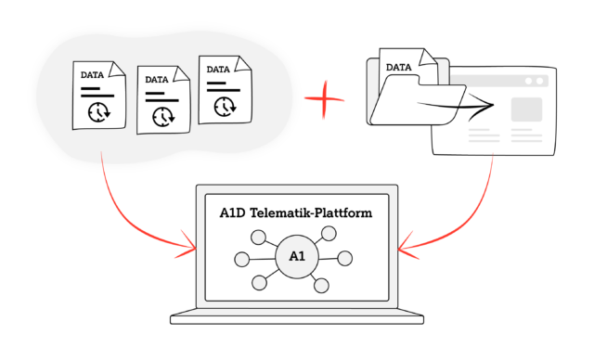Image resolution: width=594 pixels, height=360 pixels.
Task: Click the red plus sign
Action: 324,99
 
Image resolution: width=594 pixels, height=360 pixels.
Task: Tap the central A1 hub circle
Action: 297,257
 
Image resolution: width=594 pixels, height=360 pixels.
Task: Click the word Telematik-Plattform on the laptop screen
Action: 312,212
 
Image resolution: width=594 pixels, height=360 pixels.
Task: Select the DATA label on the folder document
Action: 398,68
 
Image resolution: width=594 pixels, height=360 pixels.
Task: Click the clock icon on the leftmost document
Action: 99,112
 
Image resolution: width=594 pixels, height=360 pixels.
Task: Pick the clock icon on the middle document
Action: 163,117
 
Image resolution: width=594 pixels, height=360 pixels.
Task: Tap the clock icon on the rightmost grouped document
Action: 225,107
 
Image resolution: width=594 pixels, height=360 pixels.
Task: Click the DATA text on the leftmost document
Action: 92,75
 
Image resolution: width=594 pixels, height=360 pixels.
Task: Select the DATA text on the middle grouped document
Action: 157,80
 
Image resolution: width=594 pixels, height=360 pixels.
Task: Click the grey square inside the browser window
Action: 526,109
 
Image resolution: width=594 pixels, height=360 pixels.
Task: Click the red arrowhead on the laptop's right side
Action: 408,246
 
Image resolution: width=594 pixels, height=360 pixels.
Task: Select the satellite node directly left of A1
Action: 242,260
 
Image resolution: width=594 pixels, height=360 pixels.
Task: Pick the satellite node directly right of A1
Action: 344,258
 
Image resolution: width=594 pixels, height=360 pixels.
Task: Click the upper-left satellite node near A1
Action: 258,238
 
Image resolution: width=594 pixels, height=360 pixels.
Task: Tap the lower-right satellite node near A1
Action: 321,286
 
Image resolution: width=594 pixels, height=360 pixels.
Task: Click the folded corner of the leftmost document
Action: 118,70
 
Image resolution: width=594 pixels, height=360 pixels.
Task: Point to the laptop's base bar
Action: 297,320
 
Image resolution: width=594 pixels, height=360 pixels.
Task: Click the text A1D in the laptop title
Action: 233,213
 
